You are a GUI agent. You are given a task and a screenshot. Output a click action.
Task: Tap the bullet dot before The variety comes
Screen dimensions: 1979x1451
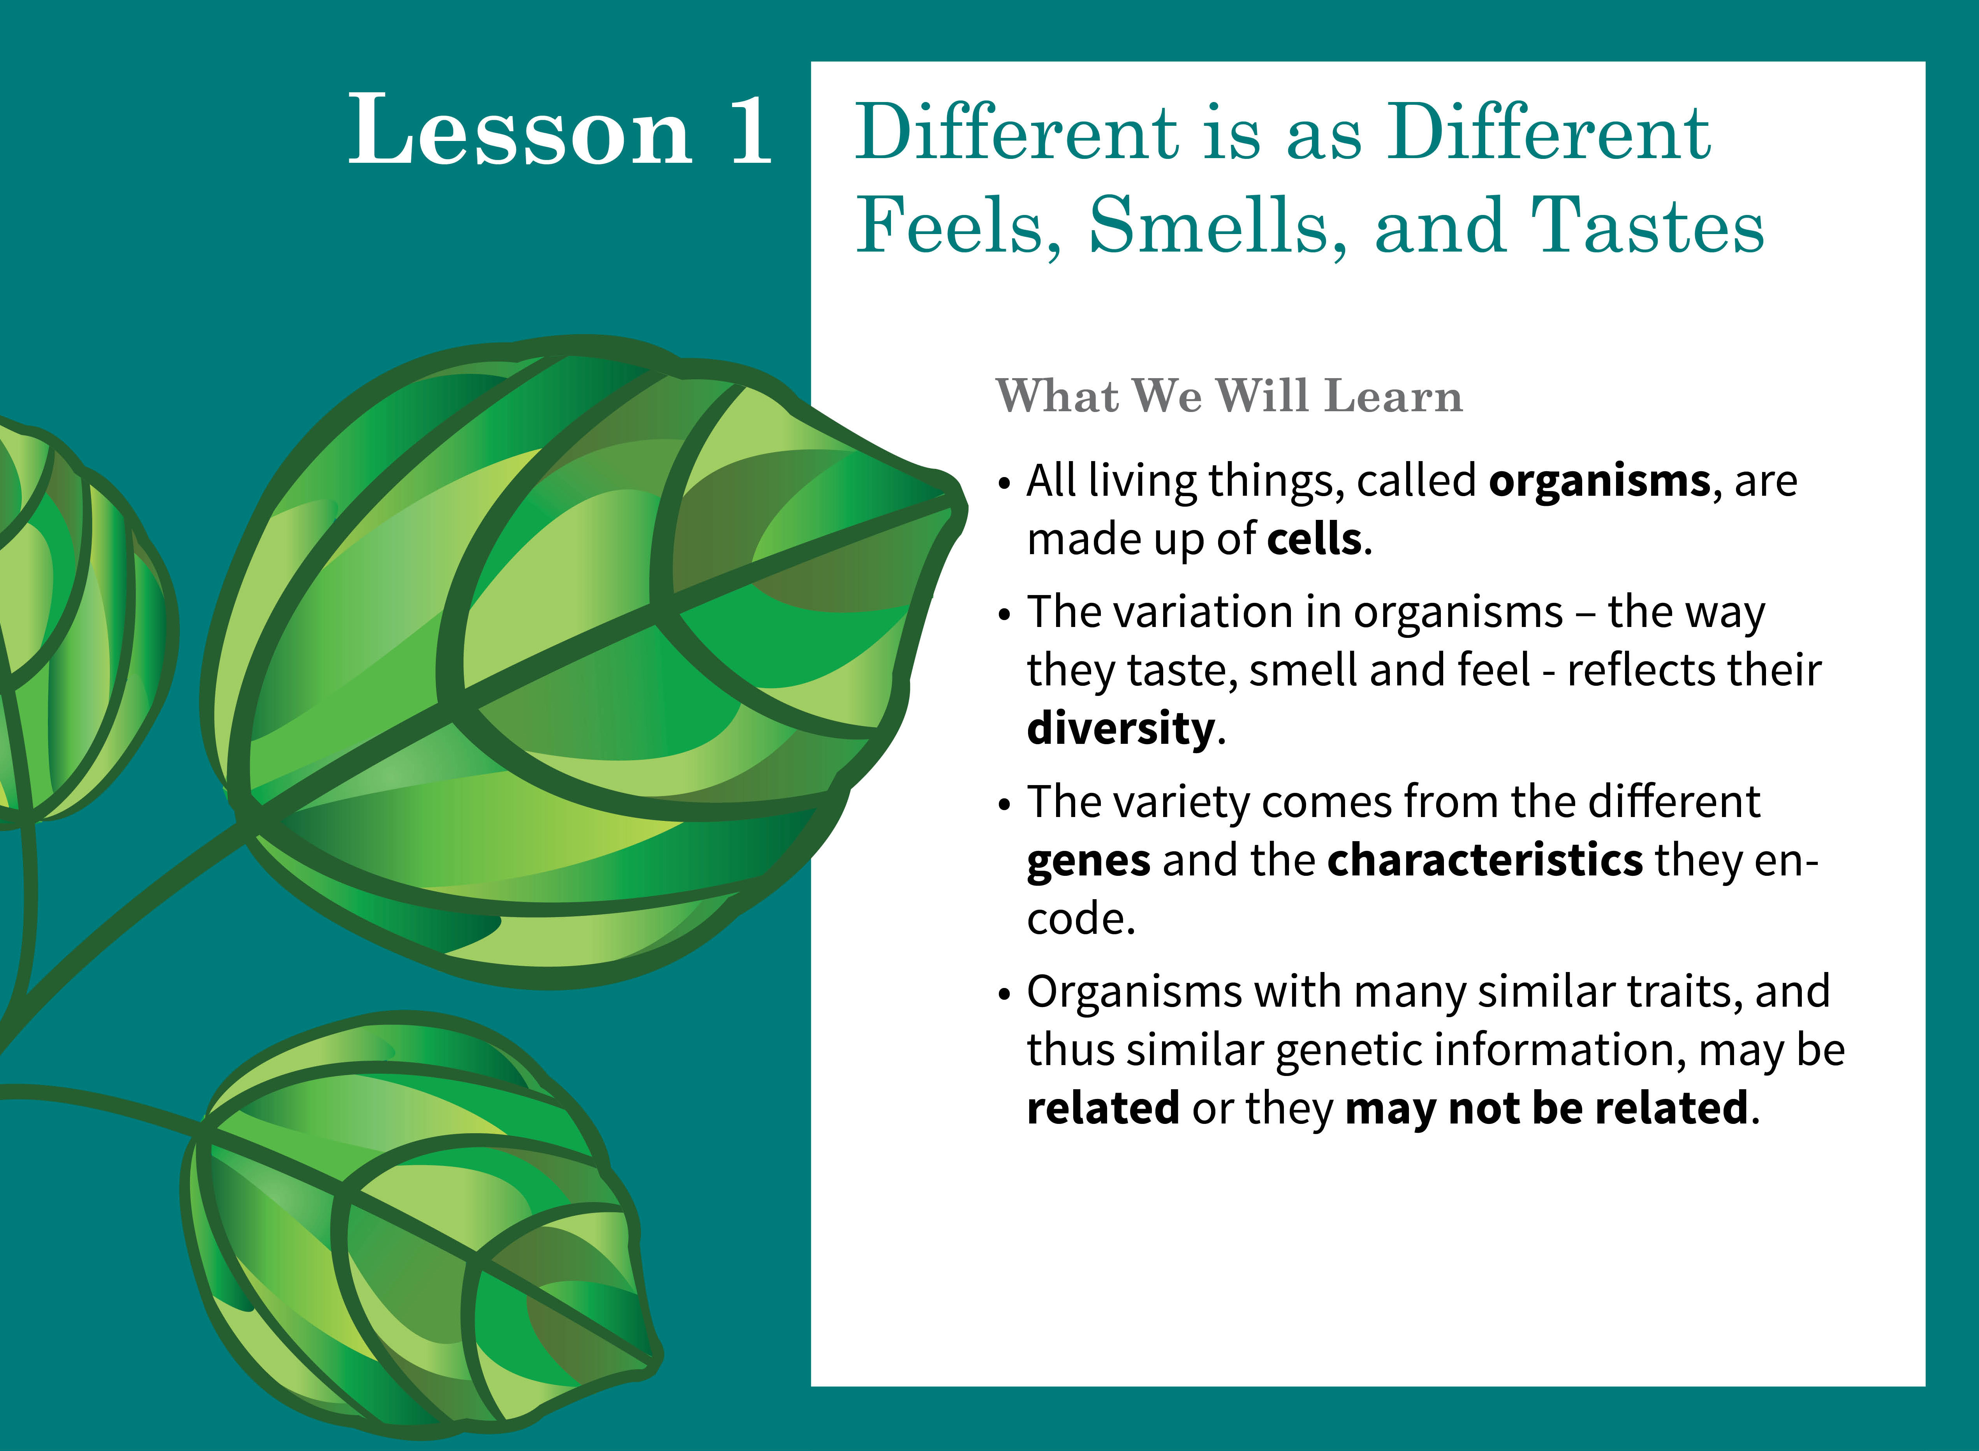click(1005, 805)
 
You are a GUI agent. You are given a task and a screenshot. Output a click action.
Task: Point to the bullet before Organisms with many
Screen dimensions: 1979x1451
click(1005, 995)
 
